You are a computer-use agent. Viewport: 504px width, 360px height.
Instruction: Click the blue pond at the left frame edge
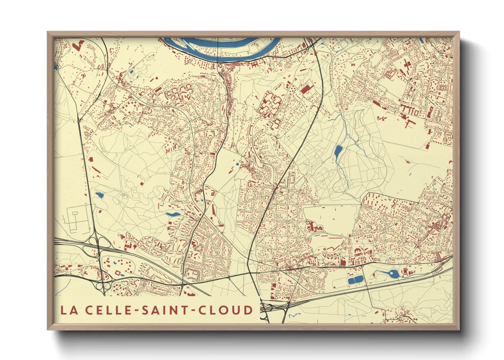coord(56,68)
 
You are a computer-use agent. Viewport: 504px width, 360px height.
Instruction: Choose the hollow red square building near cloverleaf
coord(118,273)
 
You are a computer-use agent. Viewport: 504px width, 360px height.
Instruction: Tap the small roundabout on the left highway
coord(79,120)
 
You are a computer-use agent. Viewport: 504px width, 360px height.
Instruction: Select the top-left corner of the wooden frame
coord(48,32)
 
